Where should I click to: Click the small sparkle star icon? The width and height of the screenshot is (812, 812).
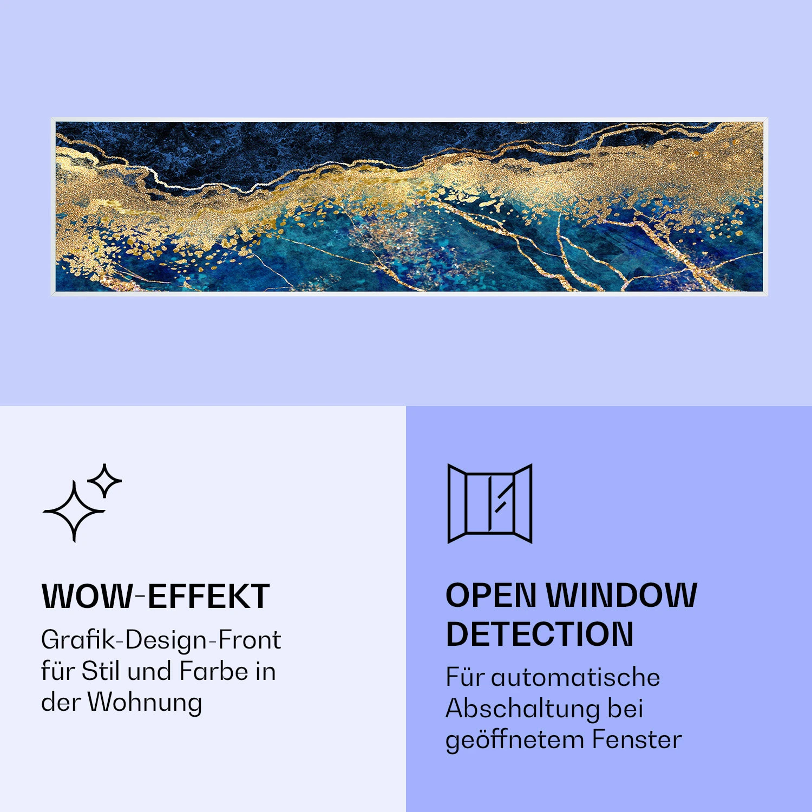click(104, 480)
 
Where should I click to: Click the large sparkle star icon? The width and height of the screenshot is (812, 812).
click(74, 511)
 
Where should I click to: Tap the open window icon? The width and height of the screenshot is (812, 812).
click(490, 503)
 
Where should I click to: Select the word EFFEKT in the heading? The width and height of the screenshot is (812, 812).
click(208, 597)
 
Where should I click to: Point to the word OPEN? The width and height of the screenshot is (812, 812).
click(490, 595)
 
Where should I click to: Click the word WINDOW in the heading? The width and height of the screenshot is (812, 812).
click(621, 595)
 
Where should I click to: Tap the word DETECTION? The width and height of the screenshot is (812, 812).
click(539, 634)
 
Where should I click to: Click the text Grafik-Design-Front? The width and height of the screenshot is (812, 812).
click(161, 640)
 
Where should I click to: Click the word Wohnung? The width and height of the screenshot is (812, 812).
click(145, 703)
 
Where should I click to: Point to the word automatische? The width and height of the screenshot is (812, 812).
click(575, 677)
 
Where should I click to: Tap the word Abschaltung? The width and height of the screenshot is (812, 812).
click(522, 709)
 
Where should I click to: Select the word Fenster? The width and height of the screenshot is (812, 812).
click(637, 739)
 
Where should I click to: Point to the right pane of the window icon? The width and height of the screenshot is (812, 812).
click(522, 503)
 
